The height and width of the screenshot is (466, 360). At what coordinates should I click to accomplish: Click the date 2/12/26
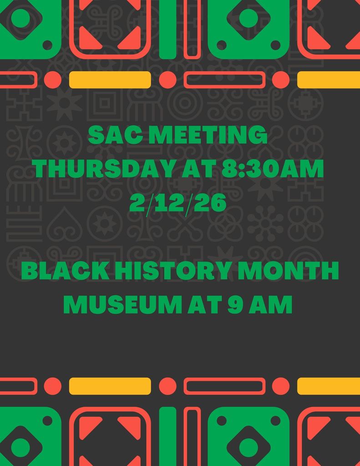178,203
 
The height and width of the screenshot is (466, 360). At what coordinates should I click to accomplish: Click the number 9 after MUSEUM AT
237,305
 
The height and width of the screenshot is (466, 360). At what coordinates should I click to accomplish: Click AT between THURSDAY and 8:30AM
195,169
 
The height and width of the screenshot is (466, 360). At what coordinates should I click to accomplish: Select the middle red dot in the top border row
167,80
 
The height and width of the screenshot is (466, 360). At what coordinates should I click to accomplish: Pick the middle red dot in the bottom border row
167,386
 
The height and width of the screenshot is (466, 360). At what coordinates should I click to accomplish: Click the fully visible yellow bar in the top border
110,80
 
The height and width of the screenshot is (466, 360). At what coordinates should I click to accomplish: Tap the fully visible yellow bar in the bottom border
110,386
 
